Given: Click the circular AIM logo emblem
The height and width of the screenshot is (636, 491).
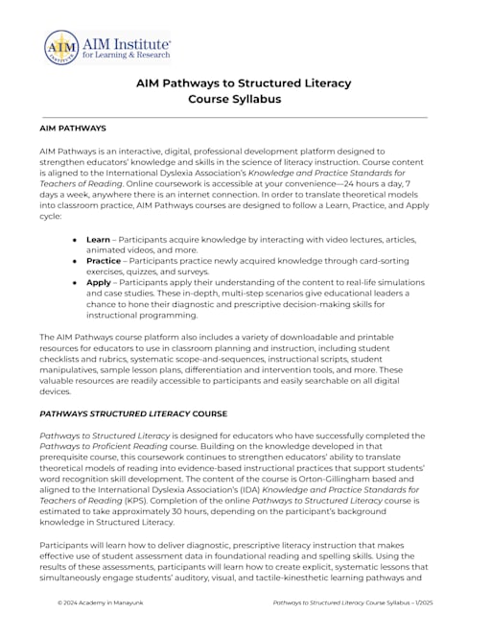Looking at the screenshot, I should pyautogui.click(x=61, y=47).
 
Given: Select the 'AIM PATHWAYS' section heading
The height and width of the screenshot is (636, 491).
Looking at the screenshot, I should pyautogui.click(x=73, y=128).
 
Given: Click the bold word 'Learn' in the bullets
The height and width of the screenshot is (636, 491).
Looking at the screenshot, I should pyautogui.click(x=98, y=237).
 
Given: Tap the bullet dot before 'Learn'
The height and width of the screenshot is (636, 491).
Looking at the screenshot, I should pyautogui.click(x=77, y=237).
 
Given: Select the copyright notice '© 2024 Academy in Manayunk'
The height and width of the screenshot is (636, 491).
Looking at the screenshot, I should pyautogui.click(x=101, y=604).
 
